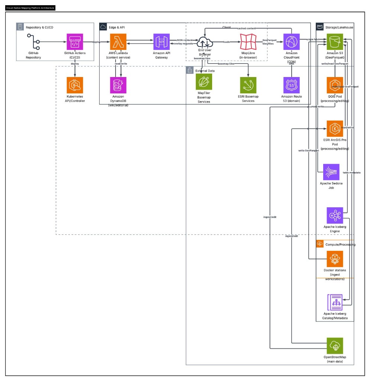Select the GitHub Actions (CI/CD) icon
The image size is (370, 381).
(75, 42)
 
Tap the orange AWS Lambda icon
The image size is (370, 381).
(118, 42)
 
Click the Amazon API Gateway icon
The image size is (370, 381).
(161, 42)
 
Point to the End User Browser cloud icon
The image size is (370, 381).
(204, 42)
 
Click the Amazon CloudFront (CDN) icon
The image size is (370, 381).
(291, 42)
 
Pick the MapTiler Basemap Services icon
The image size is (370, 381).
(204, 81)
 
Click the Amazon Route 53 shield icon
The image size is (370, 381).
(291, 85)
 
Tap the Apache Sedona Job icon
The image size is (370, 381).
(331, 172)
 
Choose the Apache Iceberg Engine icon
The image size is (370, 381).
(335, 215)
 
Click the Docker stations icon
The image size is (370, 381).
(335, 259)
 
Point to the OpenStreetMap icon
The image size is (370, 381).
(335, 346)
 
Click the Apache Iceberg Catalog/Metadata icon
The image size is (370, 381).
(335, 302)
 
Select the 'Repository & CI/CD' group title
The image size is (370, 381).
(40, 27)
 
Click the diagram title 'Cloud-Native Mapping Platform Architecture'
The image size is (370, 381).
(30, 7)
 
